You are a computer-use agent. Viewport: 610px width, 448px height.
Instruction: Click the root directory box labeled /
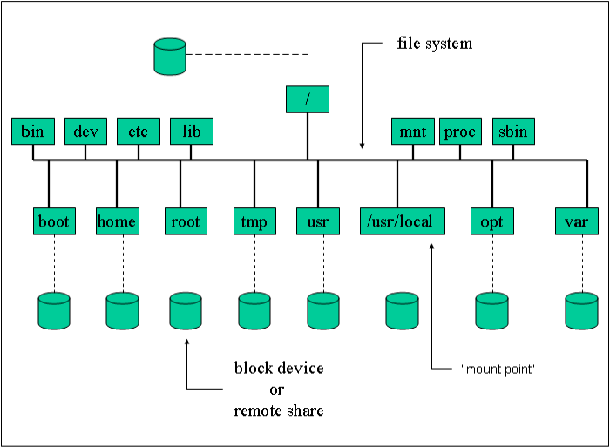(307, 99)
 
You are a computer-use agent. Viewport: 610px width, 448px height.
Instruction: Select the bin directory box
(32, 132)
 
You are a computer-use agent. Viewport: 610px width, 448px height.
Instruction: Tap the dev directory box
(85, 132)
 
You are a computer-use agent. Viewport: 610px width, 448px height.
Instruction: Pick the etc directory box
(138, 132)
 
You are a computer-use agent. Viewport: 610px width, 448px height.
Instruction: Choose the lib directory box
(191, 132)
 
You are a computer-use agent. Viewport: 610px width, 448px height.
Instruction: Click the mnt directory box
(412, 132)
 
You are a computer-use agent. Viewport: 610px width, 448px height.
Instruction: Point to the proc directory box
(460, 132)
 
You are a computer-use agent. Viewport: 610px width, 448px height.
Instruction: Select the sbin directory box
(513, 132)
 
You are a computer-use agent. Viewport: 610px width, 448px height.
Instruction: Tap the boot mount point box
(54, 221)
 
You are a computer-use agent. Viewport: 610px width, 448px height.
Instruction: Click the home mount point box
(116, 221)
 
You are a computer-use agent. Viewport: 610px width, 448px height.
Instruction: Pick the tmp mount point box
(254, 221)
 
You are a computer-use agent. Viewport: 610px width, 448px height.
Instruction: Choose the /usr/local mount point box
(403, 221)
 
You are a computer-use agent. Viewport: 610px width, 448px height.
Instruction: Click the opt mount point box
(491, 221)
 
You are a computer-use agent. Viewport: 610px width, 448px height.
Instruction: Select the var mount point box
(576, 221)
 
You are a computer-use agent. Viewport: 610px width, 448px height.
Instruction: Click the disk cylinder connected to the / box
(169, 55)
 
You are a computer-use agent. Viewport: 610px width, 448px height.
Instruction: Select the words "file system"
(435, 43)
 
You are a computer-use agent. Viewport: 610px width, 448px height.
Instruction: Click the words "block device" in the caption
(279, 369)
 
